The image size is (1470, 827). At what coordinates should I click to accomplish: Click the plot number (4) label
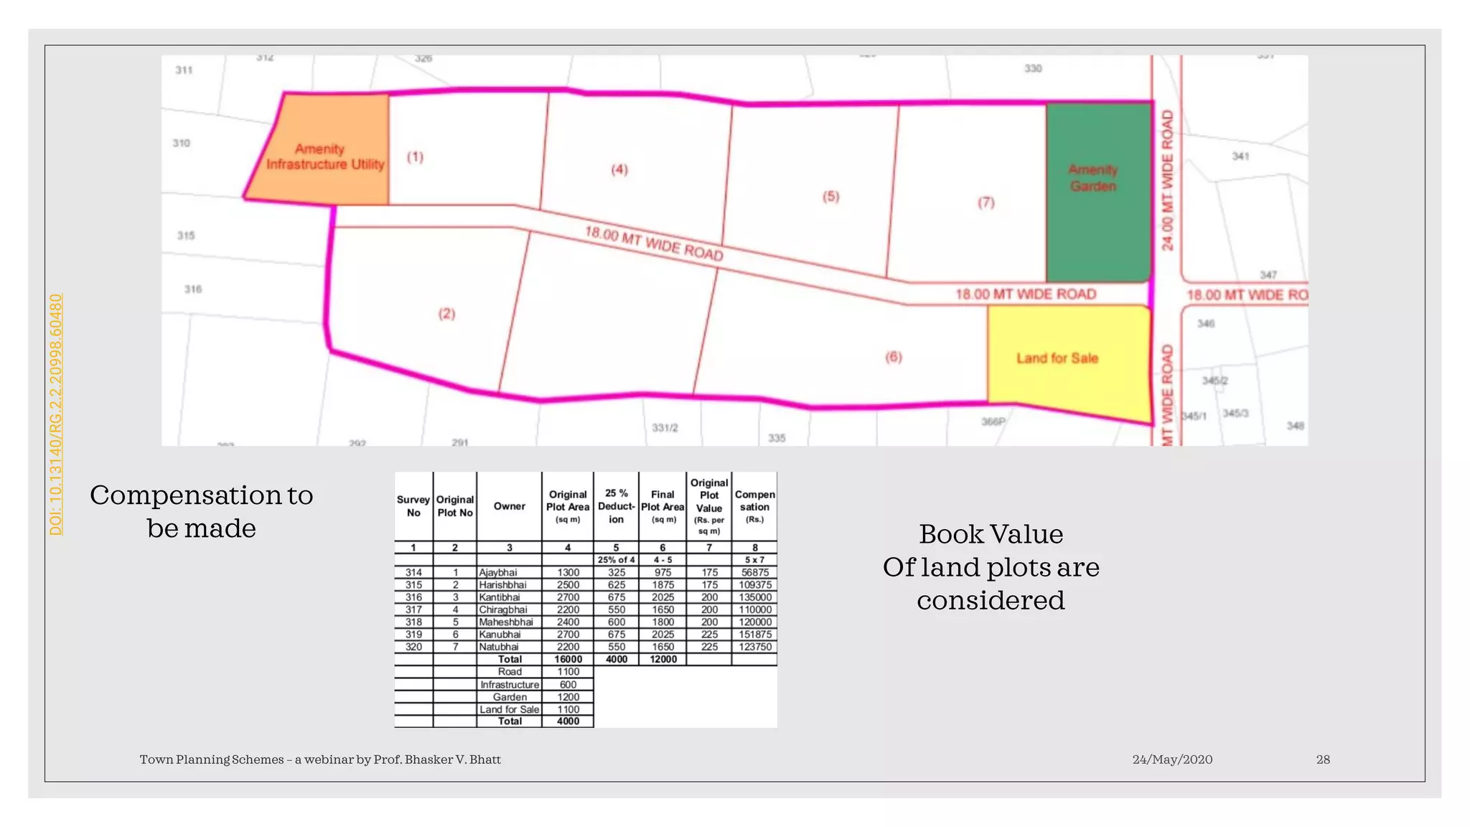(x=619, y=169)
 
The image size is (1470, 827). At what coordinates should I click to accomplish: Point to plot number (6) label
(x=893, y=357)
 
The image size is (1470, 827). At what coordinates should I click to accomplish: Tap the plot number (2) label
(x=446, y=314)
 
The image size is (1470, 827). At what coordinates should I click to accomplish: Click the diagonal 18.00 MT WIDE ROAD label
(x=653, y=243)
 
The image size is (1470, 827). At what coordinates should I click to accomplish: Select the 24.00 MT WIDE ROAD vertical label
(x=1168, y=180)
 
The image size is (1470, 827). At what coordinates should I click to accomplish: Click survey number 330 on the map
(x=1032, y=68)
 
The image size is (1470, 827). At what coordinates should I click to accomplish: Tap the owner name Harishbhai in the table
(x=502, y=585)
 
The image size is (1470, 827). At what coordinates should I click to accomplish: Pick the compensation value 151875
(x=755, y=635)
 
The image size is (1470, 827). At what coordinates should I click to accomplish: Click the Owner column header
(x=509, y=506)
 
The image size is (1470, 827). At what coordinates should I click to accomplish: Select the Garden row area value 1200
(x=568, y=697)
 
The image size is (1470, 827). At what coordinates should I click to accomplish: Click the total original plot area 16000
(x=568, y=659)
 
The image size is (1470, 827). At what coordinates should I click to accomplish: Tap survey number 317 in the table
(x=413, y=609)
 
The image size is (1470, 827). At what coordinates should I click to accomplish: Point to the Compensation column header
(x=754, y=505)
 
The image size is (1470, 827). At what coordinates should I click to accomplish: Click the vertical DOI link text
(x=56, y=414)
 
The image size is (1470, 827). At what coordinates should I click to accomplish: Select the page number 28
(x=1323, y=760)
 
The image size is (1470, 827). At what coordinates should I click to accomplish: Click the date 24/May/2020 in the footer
(x=1172, y=760)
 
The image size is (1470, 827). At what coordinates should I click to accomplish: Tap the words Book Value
(x=991, y=534)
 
